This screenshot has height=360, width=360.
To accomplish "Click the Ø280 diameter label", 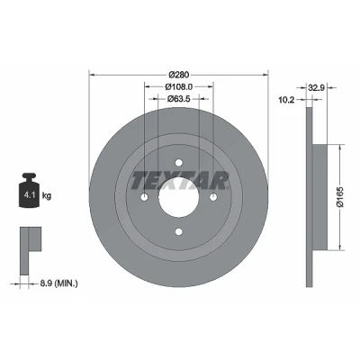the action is (x=179, y=75).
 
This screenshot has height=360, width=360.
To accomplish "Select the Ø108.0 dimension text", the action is (x=179, y=86).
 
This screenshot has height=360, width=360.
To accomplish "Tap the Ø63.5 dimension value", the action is (x=179, y=98).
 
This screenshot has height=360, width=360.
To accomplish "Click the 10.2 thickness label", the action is (x=287, y=100).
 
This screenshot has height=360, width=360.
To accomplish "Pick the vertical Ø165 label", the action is (x=340, y=197).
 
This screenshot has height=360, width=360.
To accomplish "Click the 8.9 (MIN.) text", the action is (x=58, y=283).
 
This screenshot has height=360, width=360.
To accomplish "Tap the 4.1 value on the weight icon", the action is (x=30, y=195).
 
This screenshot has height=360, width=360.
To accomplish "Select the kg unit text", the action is (x=47, y=196).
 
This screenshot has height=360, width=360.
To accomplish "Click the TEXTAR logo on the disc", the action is (x=180, y=181).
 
